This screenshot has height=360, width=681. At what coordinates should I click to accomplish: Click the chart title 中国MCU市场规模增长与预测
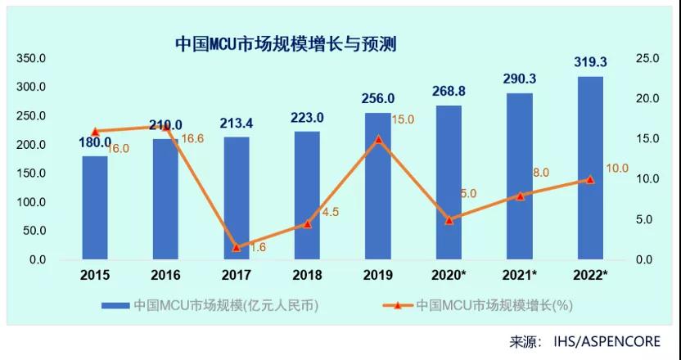pyautogui.click(x=286, y=43)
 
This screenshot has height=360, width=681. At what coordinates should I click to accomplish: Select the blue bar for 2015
pyautogui.click(x=95, y=208)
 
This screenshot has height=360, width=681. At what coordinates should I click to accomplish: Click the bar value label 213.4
pyautogui.click(x=237, y=124)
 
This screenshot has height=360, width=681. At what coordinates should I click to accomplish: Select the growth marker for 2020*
pyautogui.click(x=449, y=220)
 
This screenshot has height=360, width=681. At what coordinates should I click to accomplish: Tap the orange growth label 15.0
pyautogui.click(x=403, y=119)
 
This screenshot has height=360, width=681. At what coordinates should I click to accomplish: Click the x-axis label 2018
pyautogui.click(x=307, y=276)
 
